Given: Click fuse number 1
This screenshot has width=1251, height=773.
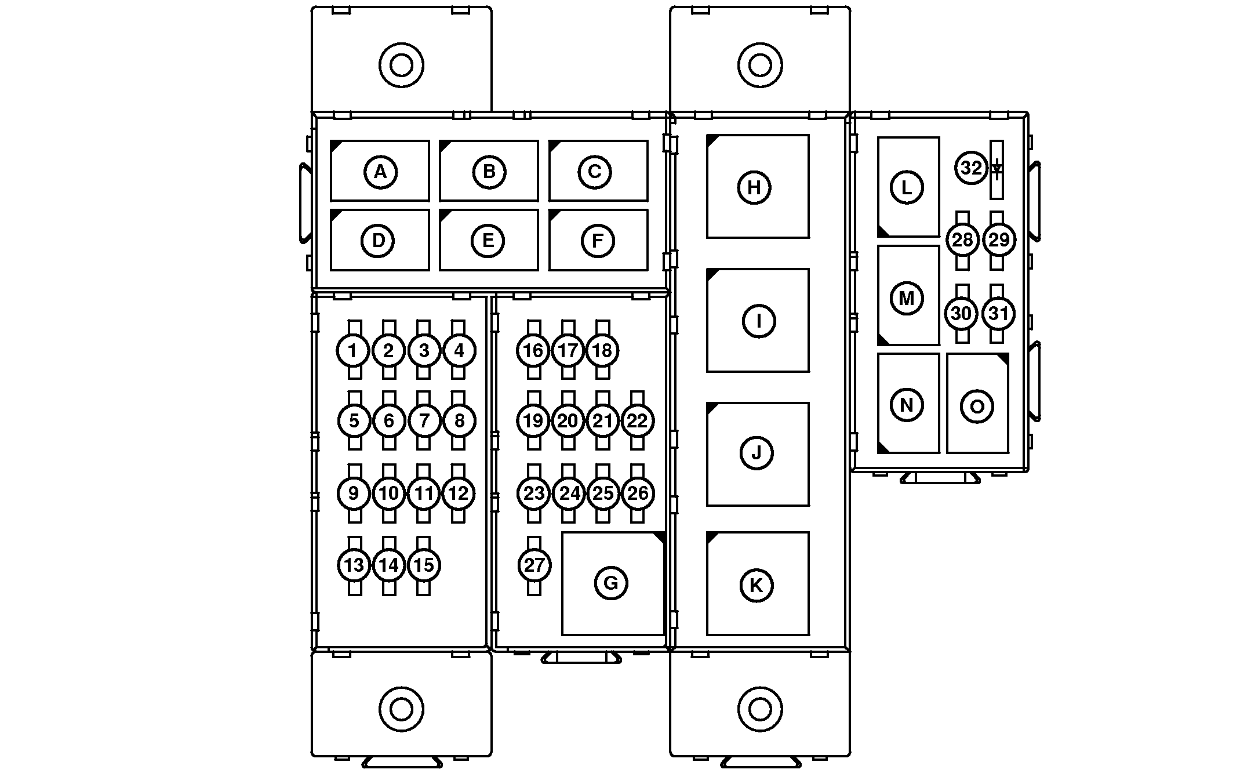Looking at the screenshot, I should pos(352,350).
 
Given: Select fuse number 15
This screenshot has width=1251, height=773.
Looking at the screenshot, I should pos(424,565).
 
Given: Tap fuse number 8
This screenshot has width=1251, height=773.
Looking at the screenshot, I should pos(459,420).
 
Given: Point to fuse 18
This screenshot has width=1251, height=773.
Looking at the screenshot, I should pos(603,350).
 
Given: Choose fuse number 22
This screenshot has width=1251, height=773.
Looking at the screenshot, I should pos(638,420).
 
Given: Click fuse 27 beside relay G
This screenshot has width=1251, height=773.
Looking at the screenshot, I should pos(534,565).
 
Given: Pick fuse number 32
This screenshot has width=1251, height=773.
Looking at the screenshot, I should pos(971,168).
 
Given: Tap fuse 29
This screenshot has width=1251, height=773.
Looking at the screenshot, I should pos(999,239).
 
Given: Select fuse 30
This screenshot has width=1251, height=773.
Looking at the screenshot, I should pos(962,314).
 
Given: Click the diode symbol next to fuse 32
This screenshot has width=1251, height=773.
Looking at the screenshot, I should pos(997,170).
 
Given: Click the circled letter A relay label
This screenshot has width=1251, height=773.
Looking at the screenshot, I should pos(380,172).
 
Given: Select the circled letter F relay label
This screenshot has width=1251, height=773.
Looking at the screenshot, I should pos(597,240).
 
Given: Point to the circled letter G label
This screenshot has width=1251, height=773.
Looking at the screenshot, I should pos(611,583).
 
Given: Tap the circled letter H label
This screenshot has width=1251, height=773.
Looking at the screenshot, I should pos(754,187).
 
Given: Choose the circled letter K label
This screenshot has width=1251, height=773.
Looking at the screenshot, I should pos(757,586).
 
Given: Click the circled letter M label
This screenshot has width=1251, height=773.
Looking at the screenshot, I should pos(906,299).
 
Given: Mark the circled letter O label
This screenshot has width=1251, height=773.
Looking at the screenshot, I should pos(977,407).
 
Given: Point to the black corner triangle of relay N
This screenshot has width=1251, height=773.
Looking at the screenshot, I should pos(883,448).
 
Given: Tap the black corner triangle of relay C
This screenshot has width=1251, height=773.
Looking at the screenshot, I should pos(554,145).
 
